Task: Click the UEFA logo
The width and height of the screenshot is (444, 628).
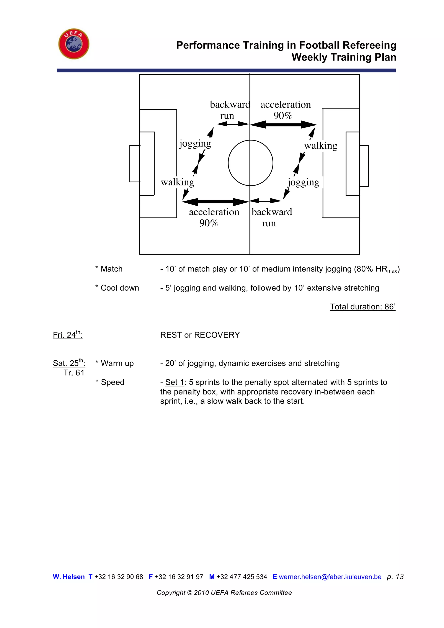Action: [74, 44]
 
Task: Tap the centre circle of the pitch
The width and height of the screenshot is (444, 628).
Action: [250, 163]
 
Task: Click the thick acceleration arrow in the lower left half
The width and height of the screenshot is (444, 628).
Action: [215, 202]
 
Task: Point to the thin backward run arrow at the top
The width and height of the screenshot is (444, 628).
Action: [233, 124]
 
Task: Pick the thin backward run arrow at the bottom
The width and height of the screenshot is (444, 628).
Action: [265, 201]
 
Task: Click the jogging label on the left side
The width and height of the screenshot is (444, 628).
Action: [195, 143]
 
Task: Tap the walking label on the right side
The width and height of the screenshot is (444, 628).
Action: [321, 146]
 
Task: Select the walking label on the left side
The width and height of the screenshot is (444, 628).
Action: [177, 182]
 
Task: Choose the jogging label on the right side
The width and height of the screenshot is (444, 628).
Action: [303, 182]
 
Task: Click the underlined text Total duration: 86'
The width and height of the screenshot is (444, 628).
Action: [362, 307]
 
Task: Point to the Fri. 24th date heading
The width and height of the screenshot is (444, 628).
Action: [67, 335]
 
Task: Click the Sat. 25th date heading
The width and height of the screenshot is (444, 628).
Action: [69, 363]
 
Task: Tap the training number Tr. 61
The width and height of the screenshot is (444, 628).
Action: [74, 373]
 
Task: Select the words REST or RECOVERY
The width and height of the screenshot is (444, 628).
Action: [200, 335]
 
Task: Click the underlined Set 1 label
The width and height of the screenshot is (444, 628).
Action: [175, 382]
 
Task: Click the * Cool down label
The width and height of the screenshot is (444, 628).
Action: [117, 288]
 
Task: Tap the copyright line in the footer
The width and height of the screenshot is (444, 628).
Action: [224, 593]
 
